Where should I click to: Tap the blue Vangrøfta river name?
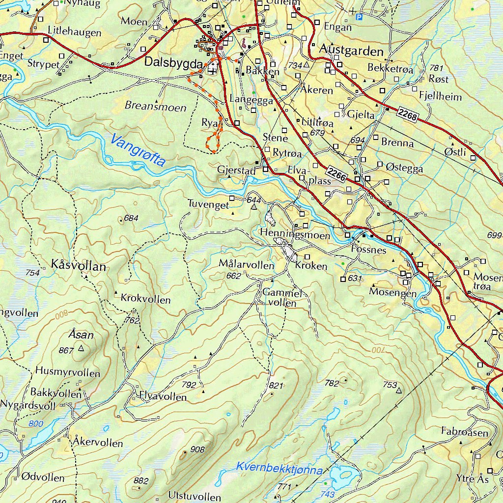click(138, 151)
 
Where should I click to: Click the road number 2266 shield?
click(337, 173)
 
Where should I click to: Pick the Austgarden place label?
click(351, 51)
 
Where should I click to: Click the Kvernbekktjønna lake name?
click(279, 468)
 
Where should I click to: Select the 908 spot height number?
click(197, 449)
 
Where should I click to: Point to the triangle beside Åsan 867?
click(81, 348)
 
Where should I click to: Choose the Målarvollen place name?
click(247, 265)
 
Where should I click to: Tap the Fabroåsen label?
click(465, 432)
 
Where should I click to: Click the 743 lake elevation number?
click(329, 494)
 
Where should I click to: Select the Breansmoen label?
click(155, 107)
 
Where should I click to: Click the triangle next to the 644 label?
click(254, 207)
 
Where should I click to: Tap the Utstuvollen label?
click(195, 496)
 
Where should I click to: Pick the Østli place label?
click(455, 152)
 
